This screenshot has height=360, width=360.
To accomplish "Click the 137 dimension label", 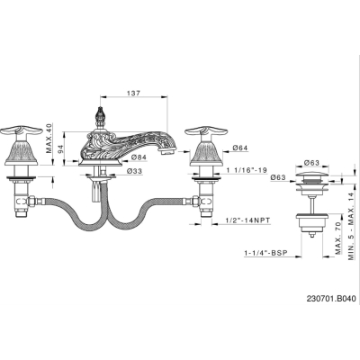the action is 133,93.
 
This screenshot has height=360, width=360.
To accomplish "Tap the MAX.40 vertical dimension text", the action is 49,139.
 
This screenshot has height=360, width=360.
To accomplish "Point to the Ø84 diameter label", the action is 139,157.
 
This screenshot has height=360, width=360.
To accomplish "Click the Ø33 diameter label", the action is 134,171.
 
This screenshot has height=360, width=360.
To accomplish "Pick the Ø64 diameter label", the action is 240,148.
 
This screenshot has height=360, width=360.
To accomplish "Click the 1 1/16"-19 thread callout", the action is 247,170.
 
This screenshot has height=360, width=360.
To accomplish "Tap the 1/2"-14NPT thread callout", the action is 247,220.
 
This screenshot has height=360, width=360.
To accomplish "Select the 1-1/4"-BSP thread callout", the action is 265,253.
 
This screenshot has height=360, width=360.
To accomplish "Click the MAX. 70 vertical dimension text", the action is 338,238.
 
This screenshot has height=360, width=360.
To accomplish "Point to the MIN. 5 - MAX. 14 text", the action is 351,226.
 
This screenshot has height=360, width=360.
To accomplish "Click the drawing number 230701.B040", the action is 331,299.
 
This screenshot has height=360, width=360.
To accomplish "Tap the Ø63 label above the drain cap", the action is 311,163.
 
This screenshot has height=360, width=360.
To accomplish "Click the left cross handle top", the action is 21,130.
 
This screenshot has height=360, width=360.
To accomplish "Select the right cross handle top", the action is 206,130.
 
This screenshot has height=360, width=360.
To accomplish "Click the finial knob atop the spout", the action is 99,115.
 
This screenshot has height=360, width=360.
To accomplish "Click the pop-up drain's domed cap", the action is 312,175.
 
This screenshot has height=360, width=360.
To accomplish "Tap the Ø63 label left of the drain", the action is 278,177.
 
